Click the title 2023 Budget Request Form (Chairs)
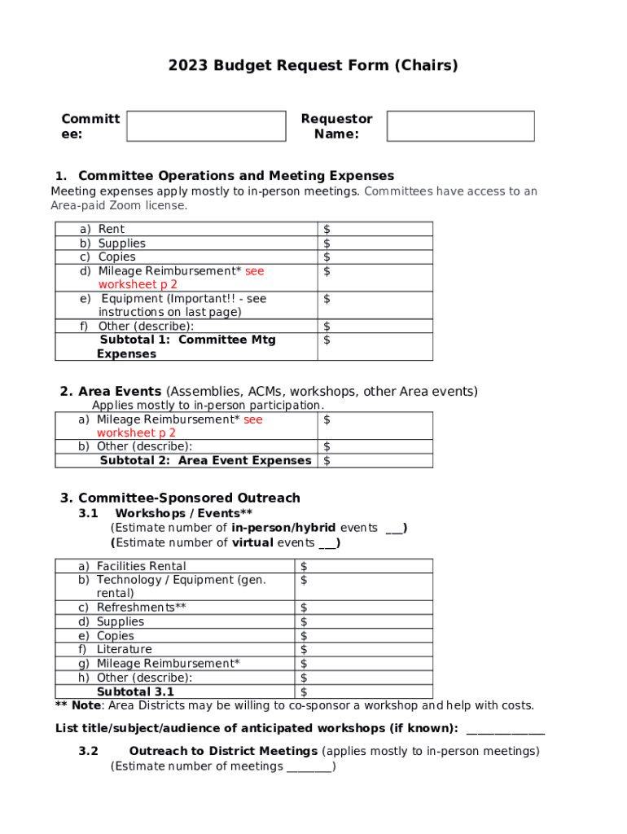313,66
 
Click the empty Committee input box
206,126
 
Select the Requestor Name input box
460,126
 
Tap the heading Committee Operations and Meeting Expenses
235,176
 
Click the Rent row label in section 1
111,230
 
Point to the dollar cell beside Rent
375,230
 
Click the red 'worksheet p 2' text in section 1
137,285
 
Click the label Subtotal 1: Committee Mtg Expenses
186,347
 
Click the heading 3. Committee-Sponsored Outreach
180,498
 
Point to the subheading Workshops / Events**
183,514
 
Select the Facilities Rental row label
141,566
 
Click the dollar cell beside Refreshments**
362,608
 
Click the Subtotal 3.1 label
135,692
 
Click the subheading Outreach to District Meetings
223,752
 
